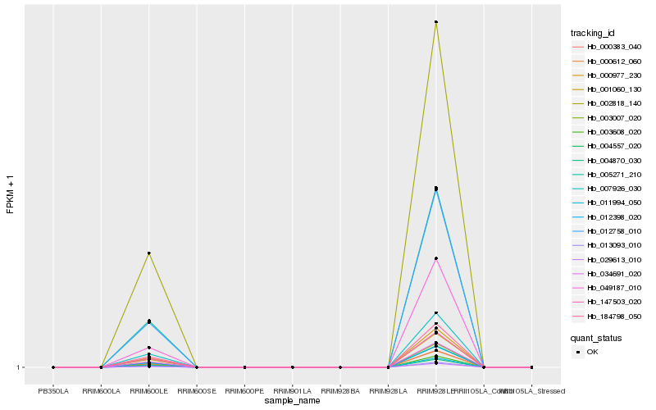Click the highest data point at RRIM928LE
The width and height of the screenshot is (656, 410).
(436, 22)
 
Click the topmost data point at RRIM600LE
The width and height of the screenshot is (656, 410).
(149, 253)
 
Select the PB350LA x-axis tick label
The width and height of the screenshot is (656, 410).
(53, 391)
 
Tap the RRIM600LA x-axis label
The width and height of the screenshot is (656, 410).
(101, 391)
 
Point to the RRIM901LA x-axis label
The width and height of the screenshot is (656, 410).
(293, 391)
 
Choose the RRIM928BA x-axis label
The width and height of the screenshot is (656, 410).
(340, 391)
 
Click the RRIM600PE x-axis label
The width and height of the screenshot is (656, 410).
(244, 391)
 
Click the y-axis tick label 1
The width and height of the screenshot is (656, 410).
(17, 367)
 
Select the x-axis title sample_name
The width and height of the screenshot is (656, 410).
(292, 401)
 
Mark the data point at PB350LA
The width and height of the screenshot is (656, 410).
(53, 367)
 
